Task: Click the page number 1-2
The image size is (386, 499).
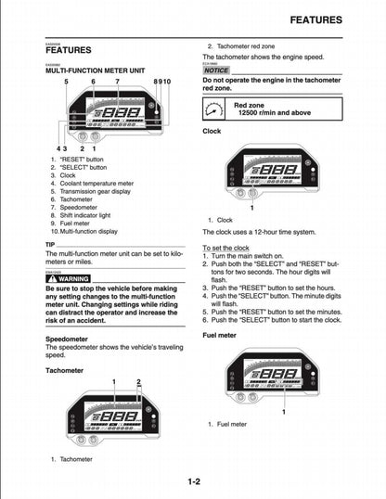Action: (193, 481)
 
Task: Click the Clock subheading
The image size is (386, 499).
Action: (212, 132)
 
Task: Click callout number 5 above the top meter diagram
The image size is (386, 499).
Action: (66, 83)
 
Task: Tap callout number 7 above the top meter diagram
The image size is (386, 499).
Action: (117, 83)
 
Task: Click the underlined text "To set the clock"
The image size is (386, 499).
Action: (230, 249)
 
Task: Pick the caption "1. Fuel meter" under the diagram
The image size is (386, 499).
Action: (227, 424)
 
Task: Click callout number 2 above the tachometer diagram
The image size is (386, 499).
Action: (138, 382)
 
